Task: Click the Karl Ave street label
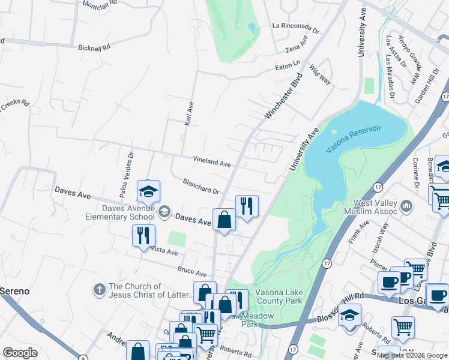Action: [189, 113]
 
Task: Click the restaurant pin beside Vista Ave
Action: [143, 235]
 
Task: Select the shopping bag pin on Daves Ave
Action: [224, 220]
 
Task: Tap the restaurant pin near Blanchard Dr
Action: [247, 206]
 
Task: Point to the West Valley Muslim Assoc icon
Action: [408, 207]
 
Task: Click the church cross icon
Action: [99, 290]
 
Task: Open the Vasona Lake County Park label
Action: [279, 296]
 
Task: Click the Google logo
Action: [20, 353]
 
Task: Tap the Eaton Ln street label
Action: [288, 62]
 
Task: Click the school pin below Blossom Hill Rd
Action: [349, 314]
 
